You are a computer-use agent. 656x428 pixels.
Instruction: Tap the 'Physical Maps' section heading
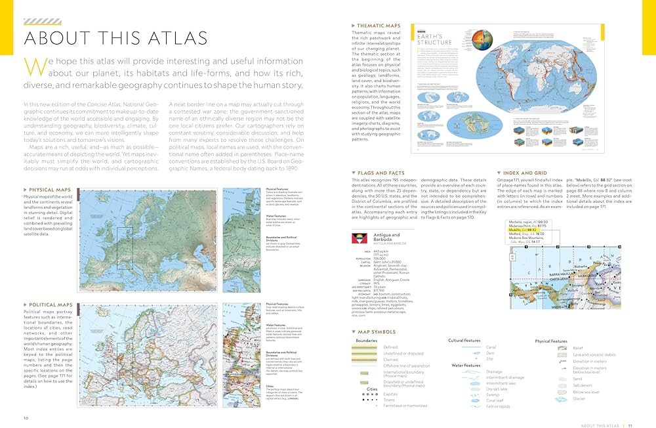pos(50,190)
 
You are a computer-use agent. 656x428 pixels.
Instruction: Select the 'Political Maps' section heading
pos(51,305)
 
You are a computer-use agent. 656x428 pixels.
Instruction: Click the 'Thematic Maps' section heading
pos(379,26)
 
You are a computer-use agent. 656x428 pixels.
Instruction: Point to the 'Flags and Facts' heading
pos(379,172)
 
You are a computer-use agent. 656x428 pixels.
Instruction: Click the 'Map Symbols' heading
pos(375,332)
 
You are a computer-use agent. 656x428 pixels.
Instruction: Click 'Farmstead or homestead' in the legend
pos(405,406)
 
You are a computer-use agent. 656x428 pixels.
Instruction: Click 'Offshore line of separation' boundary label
pos(407,366)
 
